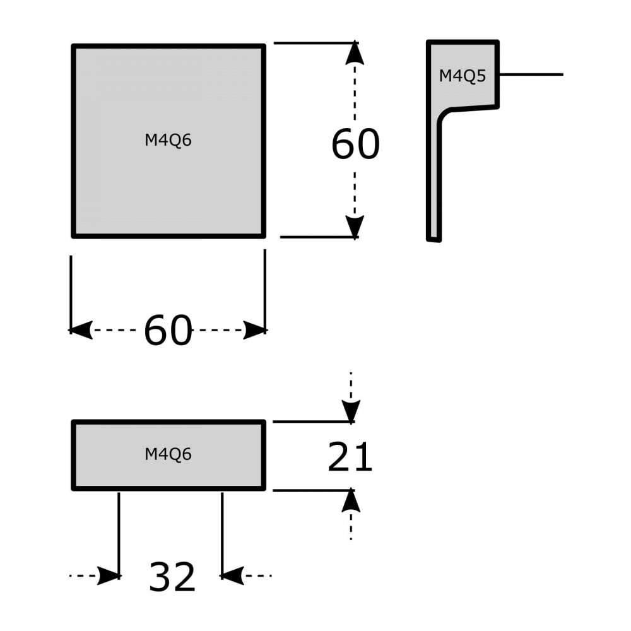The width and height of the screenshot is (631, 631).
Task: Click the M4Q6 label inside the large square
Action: (x=168, y=141)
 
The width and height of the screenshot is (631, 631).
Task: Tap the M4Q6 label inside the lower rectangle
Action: (x=168, y=454)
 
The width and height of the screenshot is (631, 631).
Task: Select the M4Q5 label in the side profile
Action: (x=463, y=76)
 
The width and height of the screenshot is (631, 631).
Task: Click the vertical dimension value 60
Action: (x=355, y=144)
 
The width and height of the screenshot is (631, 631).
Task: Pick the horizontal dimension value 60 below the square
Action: (x=168, y=331)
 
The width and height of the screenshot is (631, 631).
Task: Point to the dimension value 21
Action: (x=350, y=457)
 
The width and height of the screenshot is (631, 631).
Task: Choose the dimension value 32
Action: (x=172, y=577)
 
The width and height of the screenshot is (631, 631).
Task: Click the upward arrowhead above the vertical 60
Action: (x=355, y=54)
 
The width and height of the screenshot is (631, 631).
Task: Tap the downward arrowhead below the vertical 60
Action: (x=355, y=226)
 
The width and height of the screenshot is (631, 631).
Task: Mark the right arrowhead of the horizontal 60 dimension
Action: (x=254, y=329)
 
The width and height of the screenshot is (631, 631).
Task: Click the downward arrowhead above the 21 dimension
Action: (x=351, y=411)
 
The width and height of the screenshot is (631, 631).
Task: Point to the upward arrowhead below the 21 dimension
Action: (x=351, y=500)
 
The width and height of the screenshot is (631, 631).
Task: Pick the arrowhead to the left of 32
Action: (x=110, y=575)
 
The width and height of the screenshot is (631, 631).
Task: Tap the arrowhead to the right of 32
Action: (x=232, y=575)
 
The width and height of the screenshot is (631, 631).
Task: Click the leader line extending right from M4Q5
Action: (x=530, y=74)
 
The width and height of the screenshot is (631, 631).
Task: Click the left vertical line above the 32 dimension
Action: (x=119, y=530)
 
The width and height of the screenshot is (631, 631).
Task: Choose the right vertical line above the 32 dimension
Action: (x=222, y=530)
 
